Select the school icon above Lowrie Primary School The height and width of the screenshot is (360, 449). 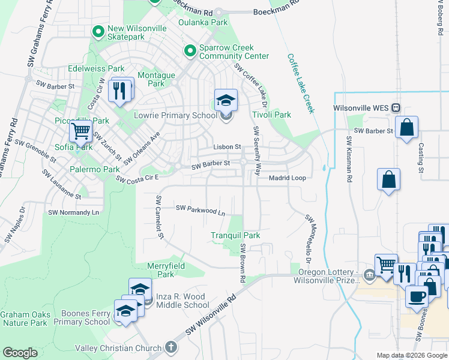point(226,100)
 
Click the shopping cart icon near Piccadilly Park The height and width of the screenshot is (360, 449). point(80,130)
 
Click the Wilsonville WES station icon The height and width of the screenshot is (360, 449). point(396,108)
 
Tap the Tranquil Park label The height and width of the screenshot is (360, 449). point(235,235)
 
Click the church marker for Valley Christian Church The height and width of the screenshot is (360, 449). point(171,347)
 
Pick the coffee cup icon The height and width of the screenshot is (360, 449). point(417,295)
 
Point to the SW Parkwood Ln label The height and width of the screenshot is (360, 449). point(200,210)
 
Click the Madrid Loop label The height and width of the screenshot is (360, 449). point(287,178)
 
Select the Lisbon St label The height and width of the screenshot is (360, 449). point(228,146)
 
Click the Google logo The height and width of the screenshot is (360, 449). point(20,353)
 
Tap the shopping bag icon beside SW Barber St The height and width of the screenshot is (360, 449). point(406,127)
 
